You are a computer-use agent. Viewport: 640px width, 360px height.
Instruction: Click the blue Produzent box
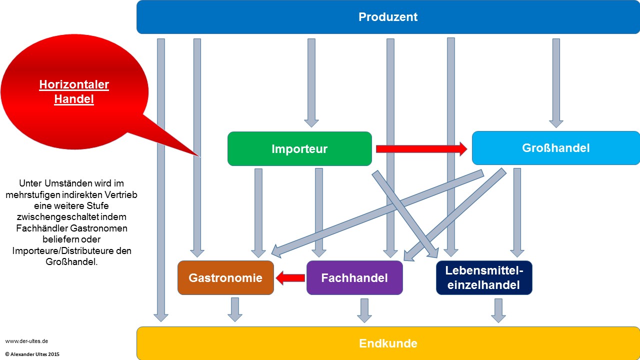coord(388,17)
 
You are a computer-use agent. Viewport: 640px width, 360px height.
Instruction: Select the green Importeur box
coord(299,148)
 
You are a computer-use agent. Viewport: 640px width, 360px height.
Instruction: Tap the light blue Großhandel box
coord(555,148)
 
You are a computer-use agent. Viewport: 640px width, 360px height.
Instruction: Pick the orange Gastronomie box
coord(225,277)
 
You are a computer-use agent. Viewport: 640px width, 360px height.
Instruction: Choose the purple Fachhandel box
coord(354,277)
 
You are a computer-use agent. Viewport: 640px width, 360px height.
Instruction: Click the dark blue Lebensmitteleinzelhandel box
coord(484,277)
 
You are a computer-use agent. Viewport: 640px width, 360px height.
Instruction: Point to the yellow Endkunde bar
coord(388,343)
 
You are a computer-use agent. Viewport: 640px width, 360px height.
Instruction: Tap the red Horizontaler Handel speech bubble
coord(74,92)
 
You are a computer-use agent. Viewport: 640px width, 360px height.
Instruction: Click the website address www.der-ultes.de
coord(26,341)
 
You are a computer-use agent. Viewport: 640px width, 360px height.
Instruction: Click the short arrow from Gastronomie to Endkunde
coord(234,309)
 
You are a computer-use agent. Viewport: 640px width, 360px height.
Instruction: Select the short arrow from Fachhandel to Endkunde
coord(364,310)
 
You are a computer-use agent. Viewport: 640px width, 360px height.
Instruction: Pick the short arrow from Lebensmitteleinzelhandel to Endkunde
coord(498,310)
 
